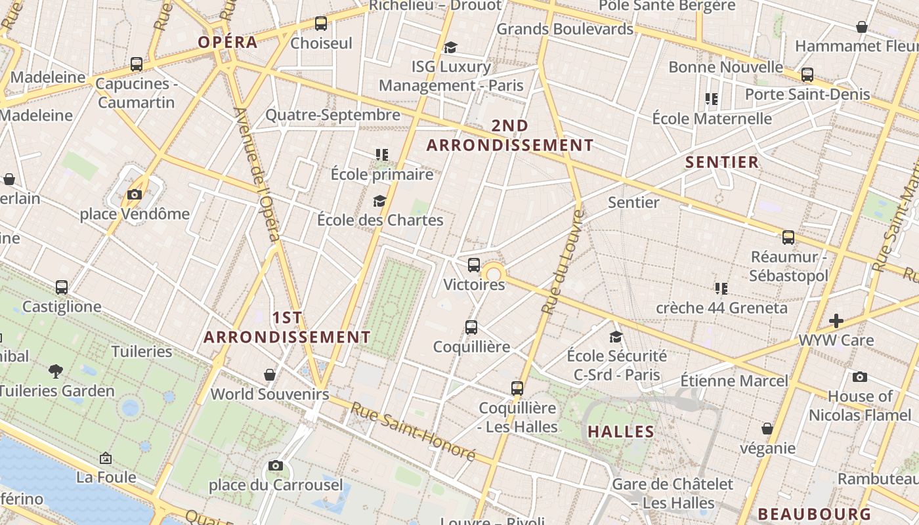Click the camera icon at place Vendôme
pos(135,194)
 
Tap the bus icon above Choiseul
pos(321,24)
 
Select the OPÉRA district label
pos(228,43)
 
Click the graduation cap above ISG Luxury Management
pos(450,47)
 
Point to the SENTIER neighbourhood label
pos(722,162)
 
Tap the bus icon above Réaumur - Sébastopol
pos(788,238)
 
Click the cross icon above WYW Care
pos(836,321)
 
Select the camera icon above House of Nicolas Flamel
pos(860,377)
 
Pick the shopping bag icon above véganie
pos(767,429)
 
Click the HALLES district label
pos(621,432)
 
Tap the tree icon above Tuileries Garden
pos(56,371)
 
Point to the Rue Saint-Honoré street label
pos(413,430)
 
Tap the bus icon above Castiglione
pos(62,287)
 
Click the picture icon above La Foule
pos(106,458)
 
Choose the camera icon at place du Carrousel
pos(276,466)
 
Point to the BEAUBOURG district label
pos(815,514)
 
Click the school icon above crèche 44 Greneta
pos(721,288)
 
